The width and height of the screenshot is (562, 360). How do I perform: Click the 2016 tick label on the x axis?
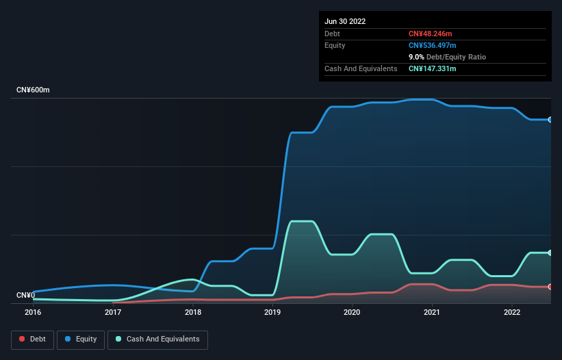pyautogui.click(x=33, y=312)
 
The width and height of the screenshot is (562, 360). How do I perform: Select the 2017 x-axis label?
pyautogui.click(x=113, y=312)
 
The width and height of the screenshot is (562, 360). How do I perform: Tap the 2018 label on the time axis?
pyautogui.click(x=193, y=312)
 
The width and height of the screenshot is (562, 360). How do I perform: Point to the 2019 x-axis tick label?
pyautogui.click(x=272, y=312)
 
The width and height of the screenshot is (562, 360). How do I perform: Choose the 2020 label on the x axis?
pyautogui.click(x=352, y=312)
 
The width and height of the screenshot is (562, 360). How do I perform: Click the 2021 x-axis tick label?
pyautogui.click(x=432, y=312)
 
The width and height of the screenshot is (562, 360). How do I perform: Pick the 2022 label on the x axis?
pyautogui.click(x=512, y=312)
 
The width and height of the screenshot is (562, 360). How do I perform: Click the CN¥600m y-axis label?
pyautogui.click(x=33, y=90)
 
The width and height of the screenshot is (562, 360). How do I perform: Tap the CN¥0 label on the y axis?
pyautogui.click(x=25, y=296)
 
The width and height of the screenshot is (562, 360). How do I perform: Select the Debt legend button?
pyautogui.click(x=34, y=339)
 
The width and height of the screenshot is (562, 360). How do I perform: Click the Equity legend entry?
pyautogui.click(x=81, y=339)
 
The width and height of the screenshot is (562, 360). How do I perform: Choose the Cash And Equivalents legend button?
pyautogui.click(x=157, y=339)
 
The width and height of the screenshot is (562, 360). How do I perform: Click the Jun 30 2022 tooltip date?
pyautogui.click(x=345, y=21)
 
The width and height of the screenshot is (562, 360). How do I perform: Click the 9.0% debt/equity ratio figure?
pyautogui.click(x=417, y=57)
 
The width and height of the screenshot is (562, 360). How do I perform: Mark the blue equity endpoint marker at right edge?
pyautogui.click(x=550, y=120)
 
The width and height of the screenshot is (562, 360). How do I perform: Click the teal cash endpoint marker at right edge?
pyautogui.click(x=550, y=253)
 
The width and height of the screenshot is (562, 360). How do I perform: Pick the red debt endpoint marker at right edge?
pyautogui.click(x=550, y=286)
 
